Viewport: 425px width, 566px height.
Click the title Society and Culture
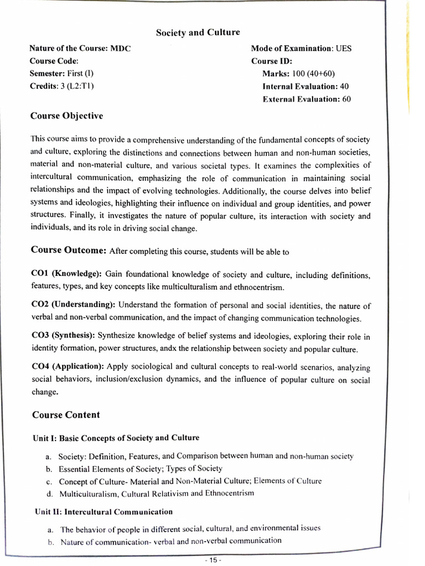pos(198,33)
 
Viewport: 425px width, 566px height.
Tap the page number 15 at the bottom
pos(212,559)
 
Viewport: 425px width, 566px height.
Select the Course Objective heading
pos(66,116)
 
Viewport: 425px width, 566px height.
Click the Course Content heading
pos(66,415)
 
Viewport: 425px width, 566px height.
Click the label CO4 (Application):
pos(68,366)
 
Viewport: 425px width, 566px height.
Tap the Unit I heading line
pos(116,438)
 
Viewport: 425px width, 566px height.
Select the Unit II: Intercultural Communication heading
pos(103,512)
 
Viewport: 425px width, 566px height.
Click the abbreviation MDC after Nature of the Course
pos(120,49)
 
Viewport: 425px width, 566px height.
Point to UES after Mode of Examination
pos(344,49)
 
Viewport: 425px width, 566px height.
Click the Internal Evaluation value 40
pos(344,86)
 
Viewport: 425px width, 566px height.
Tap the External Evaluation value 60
pos(346,99)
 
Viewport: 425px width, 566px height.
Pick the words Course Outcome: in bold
pos(69,250)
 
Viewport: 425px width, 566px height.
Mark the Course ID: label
pos(272,61)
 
